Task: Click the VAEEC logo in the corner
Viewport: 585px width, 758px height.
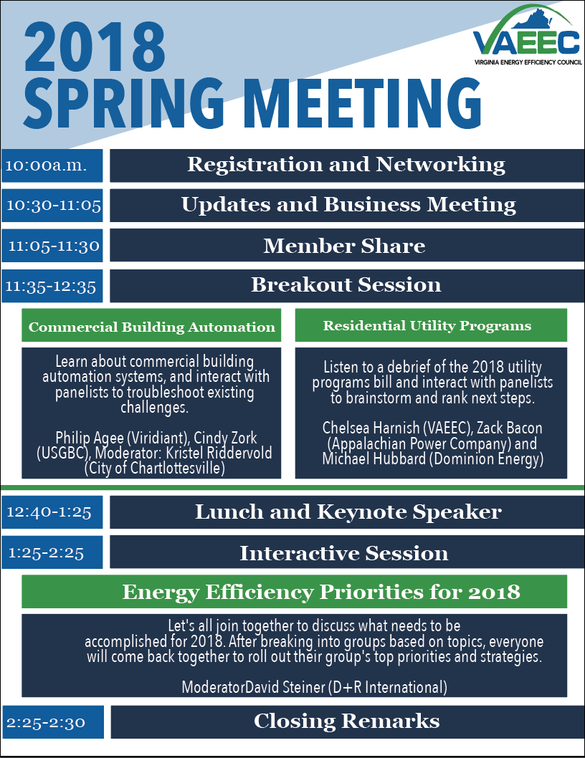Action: coord(528,35)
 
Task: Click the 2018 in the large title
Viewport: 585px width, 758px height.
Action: coord(95,47)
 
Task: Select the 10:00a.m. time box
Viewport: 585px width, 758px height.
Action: coord(52,165)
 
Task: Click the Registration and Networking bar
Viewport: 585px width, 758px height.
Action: coord(347,165)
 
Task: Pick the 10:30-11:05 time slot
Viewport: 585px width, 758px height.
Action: coord(52,206)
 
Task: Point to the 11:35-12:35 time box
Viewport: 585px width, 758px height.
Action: coord(52,286)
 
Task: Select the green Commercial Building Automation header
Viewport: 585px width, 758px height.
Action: coord(151,325)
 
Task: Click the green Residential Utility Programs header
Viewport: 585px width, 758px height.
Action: coord(431,325)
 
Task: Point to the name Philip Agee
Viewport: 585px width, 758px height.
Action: coord(90,438)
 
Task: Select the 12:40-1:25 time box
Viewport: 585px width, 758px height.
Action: coord(52,512)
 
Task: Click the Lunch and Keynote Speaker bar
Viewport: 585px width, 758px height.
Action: coord(347,512)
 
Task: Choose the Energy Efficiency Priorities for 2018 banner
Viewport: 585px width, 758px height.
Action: coord(294,592)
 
